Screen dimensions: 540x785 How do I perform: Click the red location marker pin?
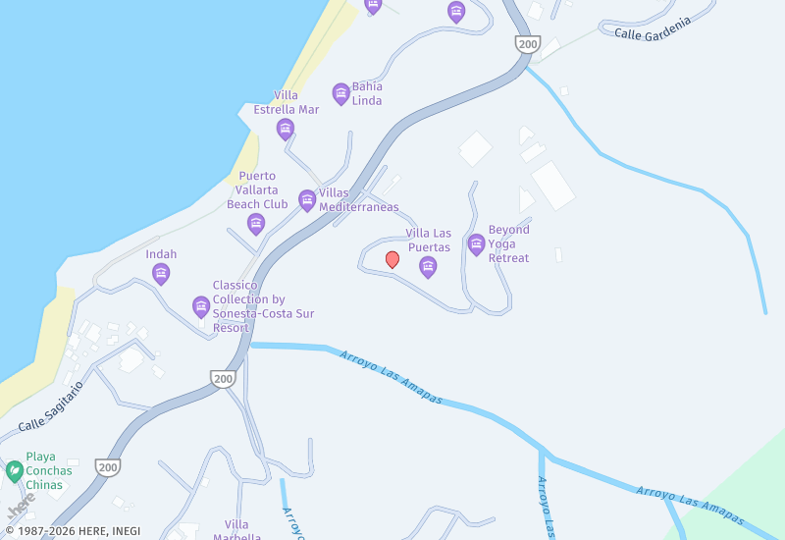click(x=392, y=259)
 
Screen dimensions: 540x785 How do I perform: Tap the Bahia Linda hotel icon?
click(x=340, y=94)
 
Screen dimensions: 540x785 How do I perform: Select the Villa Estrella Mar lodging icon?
click(x=286, y=130)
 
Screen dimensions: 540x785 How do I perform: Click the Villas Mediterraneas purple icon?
click(x=307, y=200)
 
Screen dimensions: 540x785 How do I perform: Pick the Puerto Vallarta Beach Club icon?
click(x=256, y=224)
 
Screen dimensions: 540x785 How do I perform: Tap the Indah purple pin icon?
click(x=161, y=274)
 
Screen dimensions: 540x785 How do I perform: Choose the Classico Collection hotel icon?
click(x=201, y=307)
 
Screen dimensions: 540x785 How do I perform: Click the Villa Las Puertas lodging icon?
click(x=428, y=267)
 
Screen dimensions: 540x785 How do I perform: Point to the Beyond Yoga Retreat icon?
click(x=477, y=244)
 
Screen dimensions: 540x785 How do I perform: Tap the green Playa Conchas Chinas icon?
click(x=15, y=471)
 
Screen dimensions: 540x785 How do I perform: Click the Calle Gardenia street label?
click(x=653, y=27)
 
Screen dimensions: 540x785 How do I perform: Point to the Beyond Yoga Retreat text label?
click(x=508, y=243)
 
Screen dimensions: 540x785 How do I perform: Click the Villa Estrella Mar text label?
click(x=287, y=102)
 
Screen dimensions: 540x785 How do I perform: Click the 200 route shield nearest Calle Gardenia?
click(x=528, y=44)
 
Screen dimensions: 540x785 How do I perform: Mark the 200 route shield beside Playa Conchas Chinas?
click(x=107, y=467)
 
